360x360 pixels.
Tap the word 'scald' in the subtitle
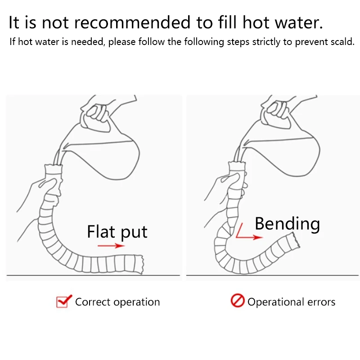pyautogui.click(x=341, y=42)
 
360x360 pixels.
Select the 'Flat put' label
pyautogui.click(x=117, y=232)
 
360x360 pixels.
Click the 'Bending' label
pyautogui.click(x=287, y=223)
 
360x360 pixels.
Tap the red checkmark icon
pyautogui.click(x=63, y=301)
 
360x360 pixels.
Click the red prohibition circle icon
pyautogui.click(x=237, y=301)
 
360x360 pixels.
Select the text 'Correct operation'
pyautogui.click(x=117, y=302)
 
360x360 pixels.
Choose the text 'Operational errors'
pyautogui.click(x=291, y=302)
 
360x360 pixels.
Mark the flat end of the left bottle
pyautogui.click(x=137, y=265)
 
